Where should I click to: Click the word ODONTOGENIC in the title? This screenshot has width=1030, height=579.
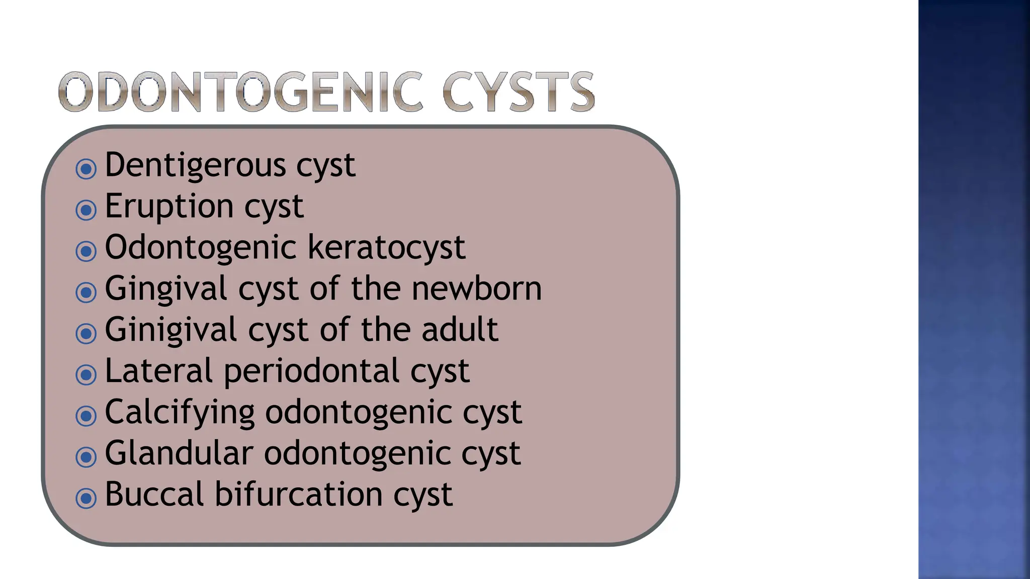coord(240,92)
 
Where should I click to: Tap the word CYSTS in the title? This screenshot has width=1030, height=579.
coord(519,92)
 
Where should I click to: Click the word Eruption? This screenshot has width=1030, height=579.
coord(169,206)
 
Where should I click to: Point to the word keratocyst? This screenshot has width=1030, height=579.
coord(386,247)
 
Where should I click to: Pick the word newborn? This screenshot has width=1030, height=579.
coord(477,288)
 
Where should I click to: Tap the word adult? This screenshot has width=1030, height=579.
coord(460,330)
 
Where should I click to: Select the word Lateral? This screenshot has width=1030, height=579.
coord(159,371)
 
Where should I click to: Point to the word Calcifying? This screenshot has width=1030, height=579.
coord(180,413)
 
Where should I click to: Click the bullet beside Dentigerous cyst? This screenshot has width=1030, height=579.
coord(86,169)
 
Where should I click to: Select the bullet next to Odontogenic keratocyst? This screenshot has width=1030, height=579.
coord(86,251)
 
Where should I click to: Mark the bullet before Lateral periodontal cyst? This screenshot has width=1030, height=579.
coord(86,374)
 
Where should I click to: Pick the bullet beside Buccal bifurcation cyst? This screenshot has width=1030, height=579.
coord(86,498)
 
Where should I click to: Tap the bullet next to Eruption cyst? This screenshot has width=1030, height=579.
coord(86,210)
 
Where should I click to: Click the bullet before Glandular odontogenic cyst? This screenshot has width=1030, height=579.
coord(86,457)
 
